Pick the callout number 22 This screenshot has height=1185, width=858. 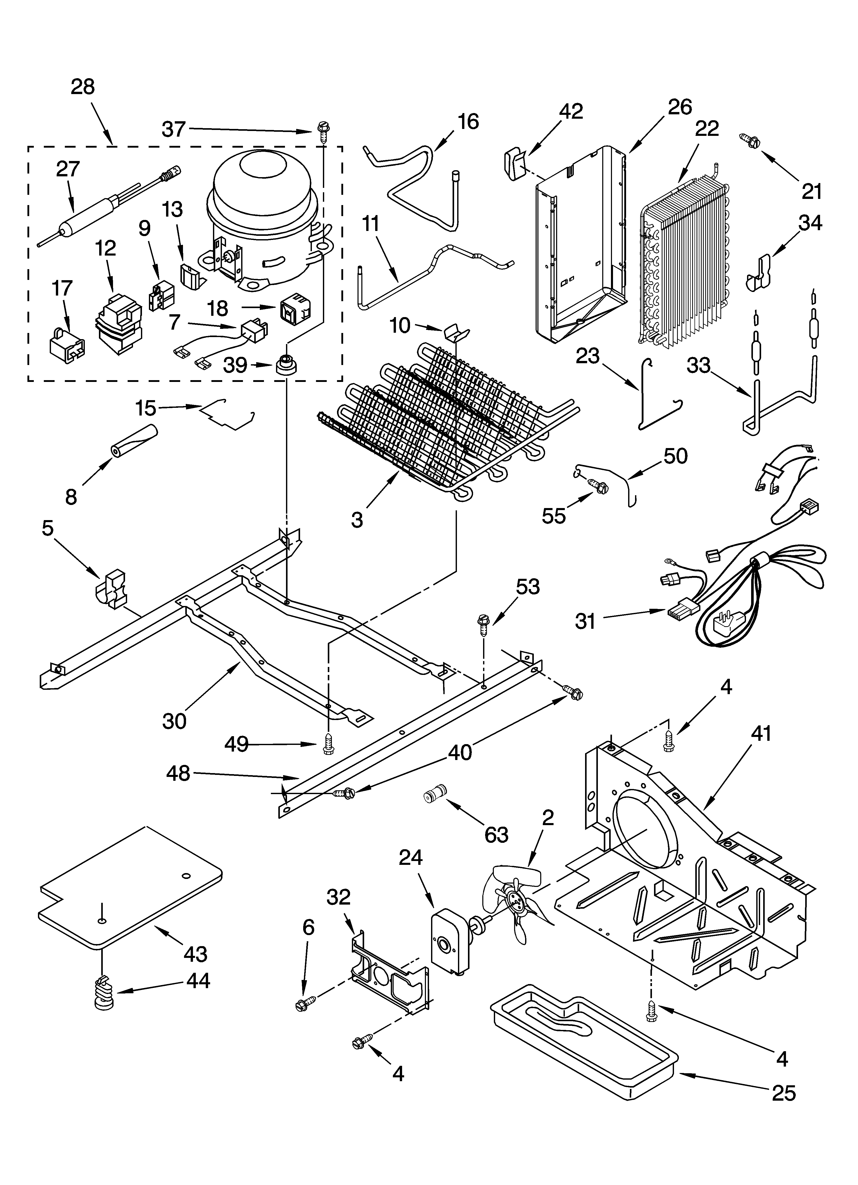coord(707,128)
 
